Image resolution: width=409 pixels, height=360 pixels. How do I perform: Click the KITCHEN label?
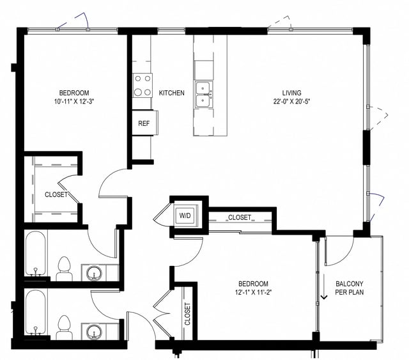pyautogui.click(x=172, y=93)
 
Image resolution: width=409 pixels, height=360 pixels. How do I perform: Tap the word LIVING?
pyautogui.click(x=291, y=93)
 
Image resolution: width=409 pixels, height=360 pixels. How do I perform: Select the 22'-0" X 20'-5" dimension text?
pyautogui.click(x=291, y=101)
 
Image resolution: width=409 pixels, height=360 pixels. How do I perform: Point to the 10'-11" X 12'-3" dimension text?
pyautogui.click(x=75, y=101)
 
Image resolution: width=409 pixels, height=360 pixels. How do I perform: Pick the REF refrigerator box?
pyautogui.click(x=144, y=123)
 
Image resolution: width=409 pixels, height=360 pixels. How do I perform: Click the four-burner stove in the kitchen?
pyautogui.click(x=143, y=85)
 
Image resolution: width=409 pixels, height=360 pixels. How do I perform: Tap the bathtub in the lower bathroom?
pyautogui.click(x=36, y=313)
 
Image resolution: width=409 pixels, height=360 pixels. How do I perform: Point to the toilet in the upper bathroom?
pyautogui.click(x=64, y=269)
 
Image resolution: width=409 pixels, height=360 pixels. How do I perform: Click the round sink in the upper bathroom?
pyautogui.click(x=94, y=273)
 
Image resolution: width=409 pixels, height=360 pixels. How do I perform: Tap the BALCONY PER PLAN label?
pyautogui.click(x=350, y=288)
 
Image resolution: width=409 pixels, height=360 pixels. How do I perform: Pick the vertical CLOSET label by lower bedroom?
pyautogui.click(x=187, y=314)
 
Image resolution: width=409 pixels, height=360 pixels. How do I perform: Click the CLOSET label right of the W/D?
pyautogui.click(x=240, y=217)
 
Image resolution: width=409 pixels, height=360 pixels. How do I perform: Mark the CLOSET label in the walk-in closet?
pyautogui.click(x=56, y=194)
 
